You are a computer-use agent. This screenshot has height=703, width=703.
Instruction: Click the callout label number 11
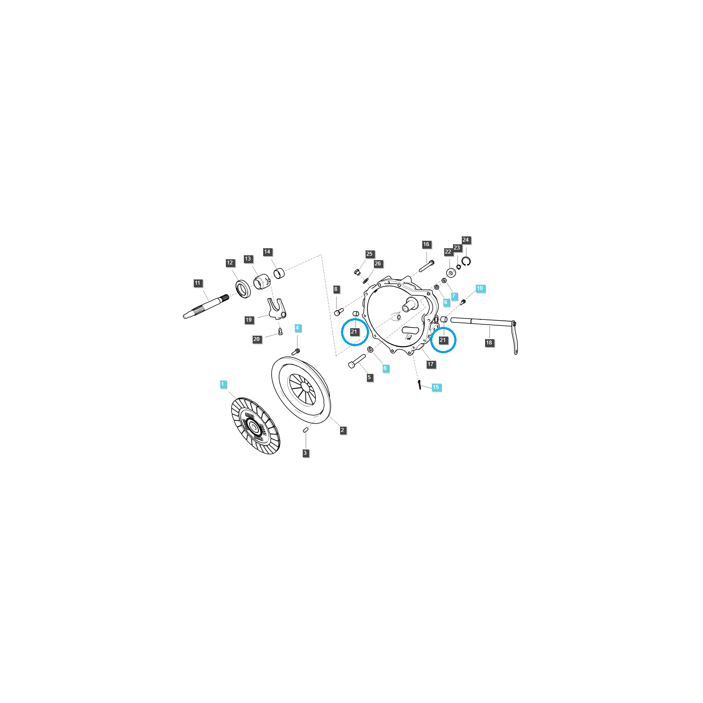[x=197, y=283]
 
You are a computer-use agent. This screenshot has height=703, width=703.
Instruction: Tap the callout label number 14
[x=267, y=252]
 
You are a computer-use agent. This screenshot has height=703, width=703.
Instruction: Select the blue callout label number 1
[x=223, y=384]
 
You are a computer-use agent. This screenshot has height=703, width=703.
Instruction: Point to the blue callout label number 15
[x=436, y=387]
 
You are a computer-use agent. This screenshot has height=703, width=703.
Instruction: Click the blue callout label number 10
[x=480, y=288]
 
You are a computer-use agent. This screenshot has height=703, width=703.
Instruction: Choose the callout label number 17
[x=431, y=364]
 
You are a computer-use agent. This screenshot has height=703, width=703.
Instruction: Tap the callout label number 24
[x=466, y=240]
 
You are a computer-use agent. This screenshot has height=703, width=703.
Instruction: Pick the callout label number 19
[x=249, y=320]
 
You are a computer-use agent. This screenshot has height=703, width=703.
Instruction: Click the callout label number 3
[x=305, y=453]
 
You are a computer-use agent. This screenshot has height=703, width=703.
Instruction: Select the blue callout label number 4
[x=297, y=328]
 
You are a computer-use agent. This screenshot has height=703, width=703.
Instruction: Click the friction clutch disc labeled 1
[x=255, y=425]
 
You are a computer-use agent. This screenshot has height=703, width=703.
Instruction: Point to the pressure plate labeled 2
[x=301, y=390]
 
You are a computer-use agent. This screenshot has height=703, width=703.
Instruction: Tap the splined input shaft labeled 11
[x=206, y=306]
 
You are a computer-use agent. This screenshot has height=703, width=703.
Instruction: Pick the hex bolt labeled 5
[x=357, y=362]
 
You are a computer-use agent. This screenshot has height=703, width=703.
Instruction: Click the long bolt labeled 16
[x=426, y=266]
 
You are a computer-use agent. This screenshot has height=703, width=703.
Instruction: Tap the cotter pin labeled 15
[x=420, y=384]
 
